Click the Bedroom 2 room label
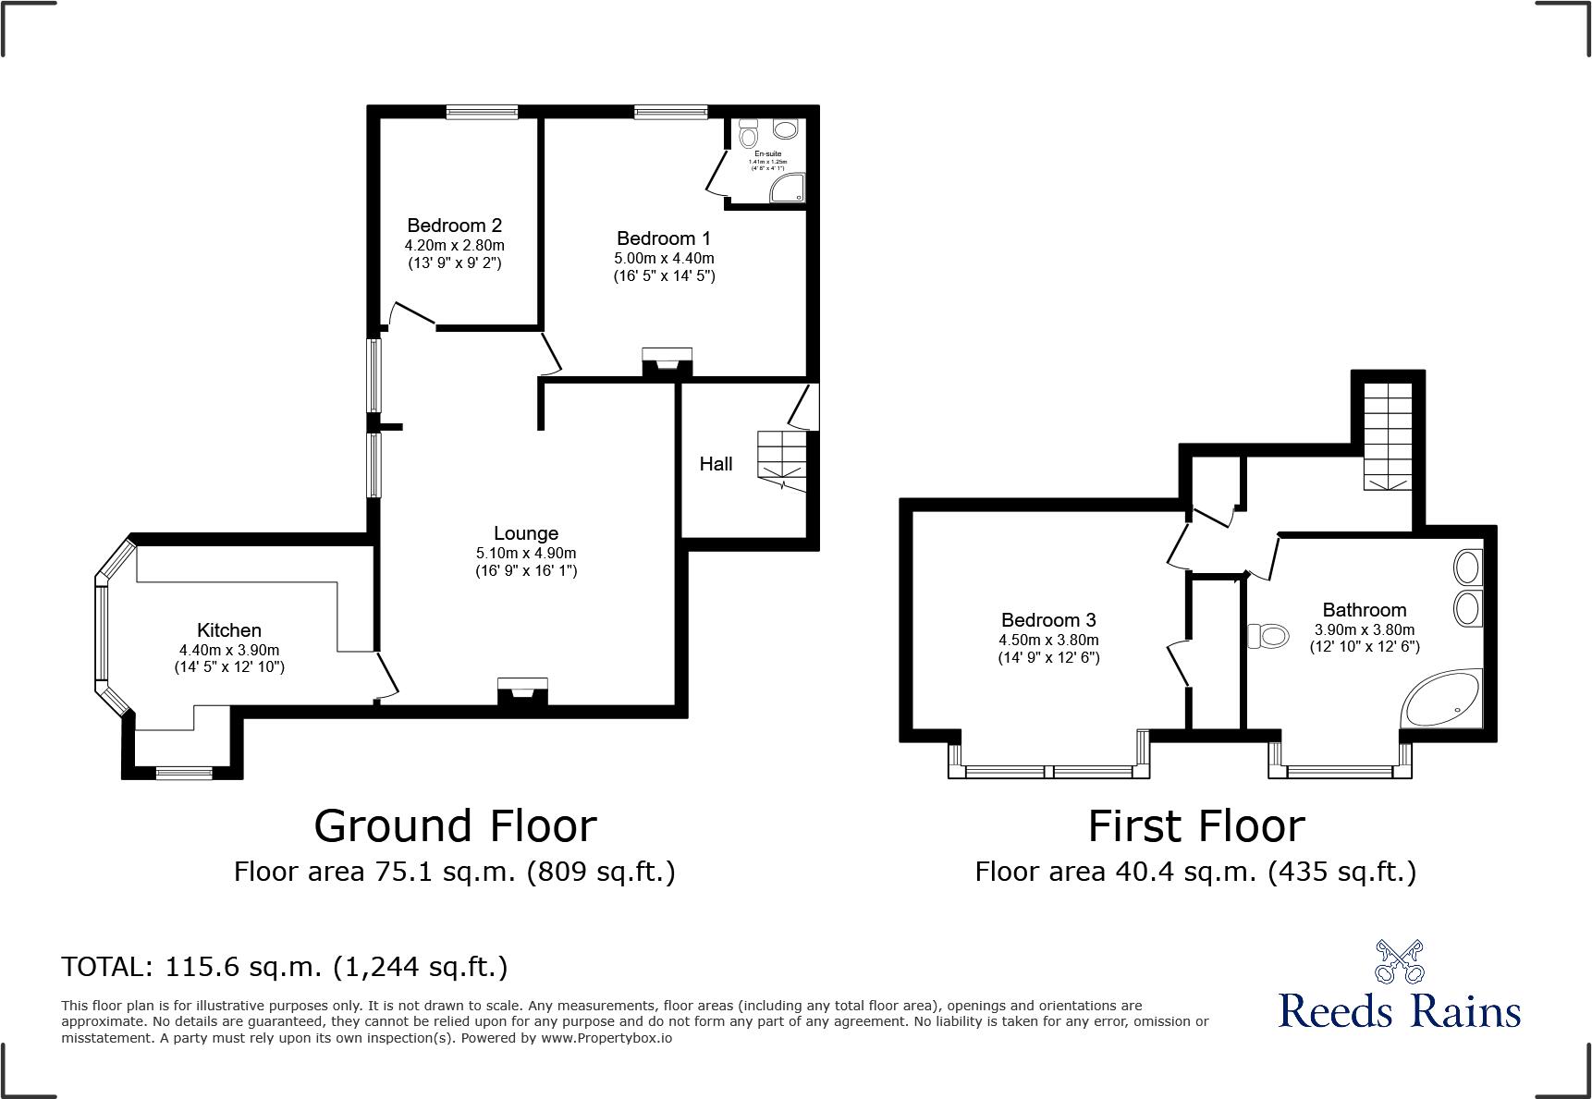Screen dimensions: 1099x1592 (x=454, y=226)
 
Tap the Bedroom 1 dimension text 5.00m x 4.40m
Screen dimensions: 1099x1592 (x=664, y=258)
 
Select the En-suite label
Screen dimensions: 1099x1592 (x=767, y=153)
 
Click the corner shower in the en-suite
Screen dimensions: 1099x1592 (x=789, y=189)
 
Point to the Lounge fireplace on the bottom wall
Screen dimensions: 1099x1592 (x=522, y=691)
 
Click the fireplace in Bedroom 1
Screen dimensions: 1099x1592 (x=667, y=361)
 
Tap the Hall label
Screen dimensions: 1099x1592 (x=716, y=464)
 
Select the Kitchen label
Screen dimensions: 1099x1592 (x=228, y=630)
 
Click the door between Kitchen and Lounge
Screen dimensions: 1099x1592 (x=386, y=675)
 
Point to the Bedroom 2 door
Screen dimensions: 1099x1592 (x=410, y=314)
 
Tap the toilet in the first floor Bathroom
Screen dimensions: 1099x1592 (x=1267, y=636)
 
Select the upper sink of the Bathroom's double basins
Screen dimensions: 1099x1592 (x=1467, y=567)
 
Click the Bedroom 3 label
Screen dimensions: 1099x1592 (x=1048, y=620)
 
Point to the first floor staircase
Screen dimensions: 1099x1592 (x=1388, y=434)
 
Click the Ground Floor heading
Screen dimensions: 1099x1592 (x=455, y=825)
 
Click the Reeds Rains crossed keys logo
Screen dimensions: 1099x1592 (x=1399, y=962)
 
